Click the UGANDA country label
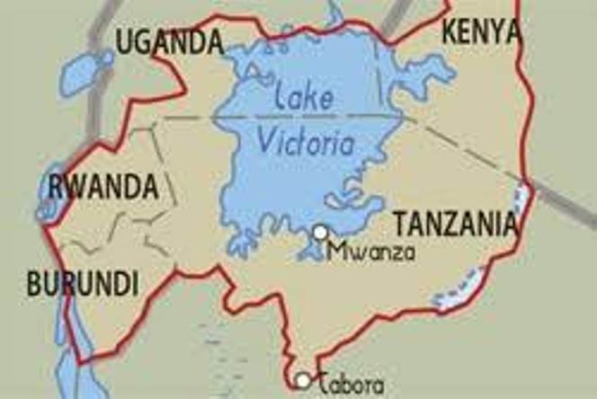(x=169, y=40)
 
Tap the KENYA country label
(x=481, y=31)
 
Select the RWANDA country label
(x=103, y=188)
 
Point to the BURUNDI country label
(x=82, y=285)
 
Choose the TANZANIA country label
(x=456, y=223)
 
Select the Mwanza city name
(x=371, y=252)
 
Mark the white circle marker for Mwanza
(x=320, y=233)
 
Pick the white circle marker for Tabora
(x=304, y=381)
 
